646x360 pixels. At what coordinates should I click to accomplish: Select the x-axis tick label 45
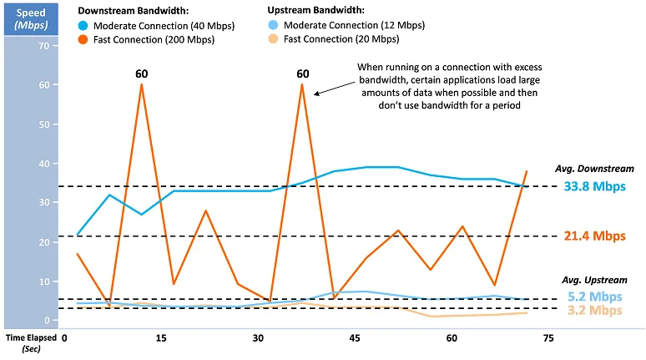(354, 338)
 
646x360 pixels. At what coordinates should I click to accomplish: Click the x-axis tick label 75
(548, 338)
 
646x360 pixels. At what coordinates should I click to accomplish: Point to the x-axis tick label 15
(160, 338)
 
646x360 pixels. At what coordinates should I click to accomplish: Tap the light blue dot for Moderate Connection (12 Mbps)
(274, 25)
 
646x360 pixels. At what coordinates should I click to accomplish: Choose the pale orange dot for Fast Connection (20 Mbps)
(274, 38)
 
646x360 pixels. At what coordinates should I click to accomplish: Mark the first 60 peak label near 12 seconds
(142, 74)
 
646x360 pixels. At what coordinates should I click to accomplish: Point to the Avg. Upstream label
(591, 280)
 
